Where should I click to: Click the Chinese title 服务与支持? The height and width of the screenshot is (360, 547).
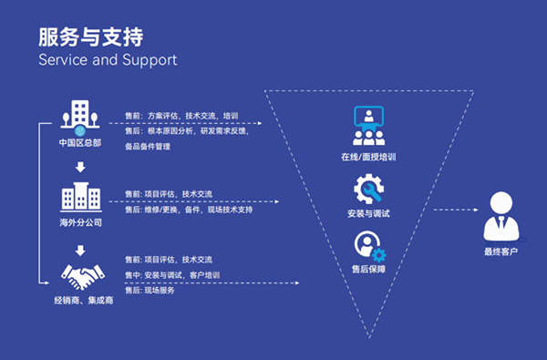tap(90, 36)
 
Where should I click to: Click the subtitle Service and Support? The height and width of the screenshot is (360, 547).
tap(108, 61)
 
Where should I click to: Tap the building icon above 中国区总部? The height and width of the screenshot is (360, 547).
tap(80, 116)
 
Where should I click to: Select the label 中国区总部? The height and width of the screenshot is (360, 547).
tap(80, 144)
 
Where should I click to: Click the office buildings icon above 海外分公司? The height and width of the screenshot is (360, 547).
tap(80, 196)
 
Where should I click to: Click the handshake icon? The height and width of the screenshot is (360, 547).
tap(80, 272)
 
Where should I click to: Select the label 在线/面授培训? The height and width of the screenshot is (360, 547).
tap(368, 158)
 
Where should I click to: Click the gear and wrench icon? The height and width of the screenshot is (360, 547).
tap(369, 190)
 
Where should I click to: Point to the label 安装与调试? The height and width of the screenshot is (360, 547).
tap(368, 215)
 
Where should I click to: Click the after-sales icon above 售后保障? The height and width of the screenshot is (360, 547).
tap(369, 246)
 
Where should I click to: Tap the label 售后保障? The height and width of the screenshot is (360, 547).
tap(368, 272)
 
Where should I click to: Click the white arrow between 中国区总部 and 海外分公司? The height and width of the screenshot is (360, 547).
tap(80, 167)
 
